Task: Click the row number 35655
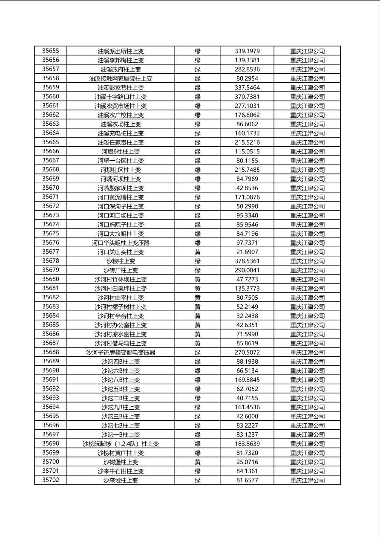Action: (51, 51)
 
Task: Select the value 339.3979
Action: (247, 51)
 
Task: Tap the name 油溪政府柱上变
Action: (121, 69)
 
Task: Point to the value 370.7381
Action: (247, 97)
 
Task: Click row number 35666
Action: (51, 151)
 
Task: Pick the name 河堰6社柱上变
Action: (121, 151)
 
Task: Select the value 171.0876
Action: (247, 197)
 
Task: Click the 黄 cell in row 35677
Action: (198, 252)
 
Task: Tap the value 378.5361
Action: (247, 261)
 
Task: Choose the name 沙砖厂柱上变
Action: (121, 270)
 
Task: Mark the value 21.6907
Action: (247, 252)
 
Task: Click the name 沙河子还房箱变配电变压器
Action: (121, 353)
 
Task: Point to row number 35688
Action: (51, 352)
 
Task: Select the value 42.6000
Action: (247, 416)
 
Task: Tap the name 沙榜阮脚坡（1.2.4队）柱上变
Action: (121, 444)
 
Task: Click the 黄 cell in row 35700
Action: (198, 462)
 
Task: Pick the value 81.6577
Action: (247, 480)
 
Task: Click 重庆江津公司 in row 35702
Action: (307, 480)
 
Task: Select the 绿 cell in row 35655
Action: (198, 51)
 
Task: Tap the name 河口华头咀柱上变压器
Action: (121, 243)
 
